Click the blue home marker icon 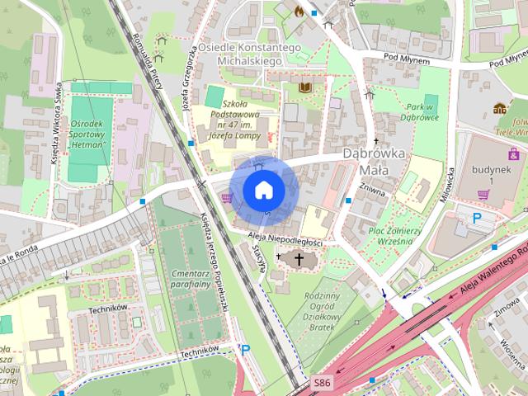[x=263, y=190]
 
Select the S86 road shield [x=323, y=384]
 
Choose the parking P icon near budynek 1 [x=477, y=218]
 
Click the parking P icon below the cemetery [x=245, y=349]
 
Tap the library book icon [x=305, y=86]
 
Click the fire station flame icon [x=299, y=11]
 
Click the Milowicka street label [x=452, y=184]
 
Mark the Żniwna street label [x=375, y=191]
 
